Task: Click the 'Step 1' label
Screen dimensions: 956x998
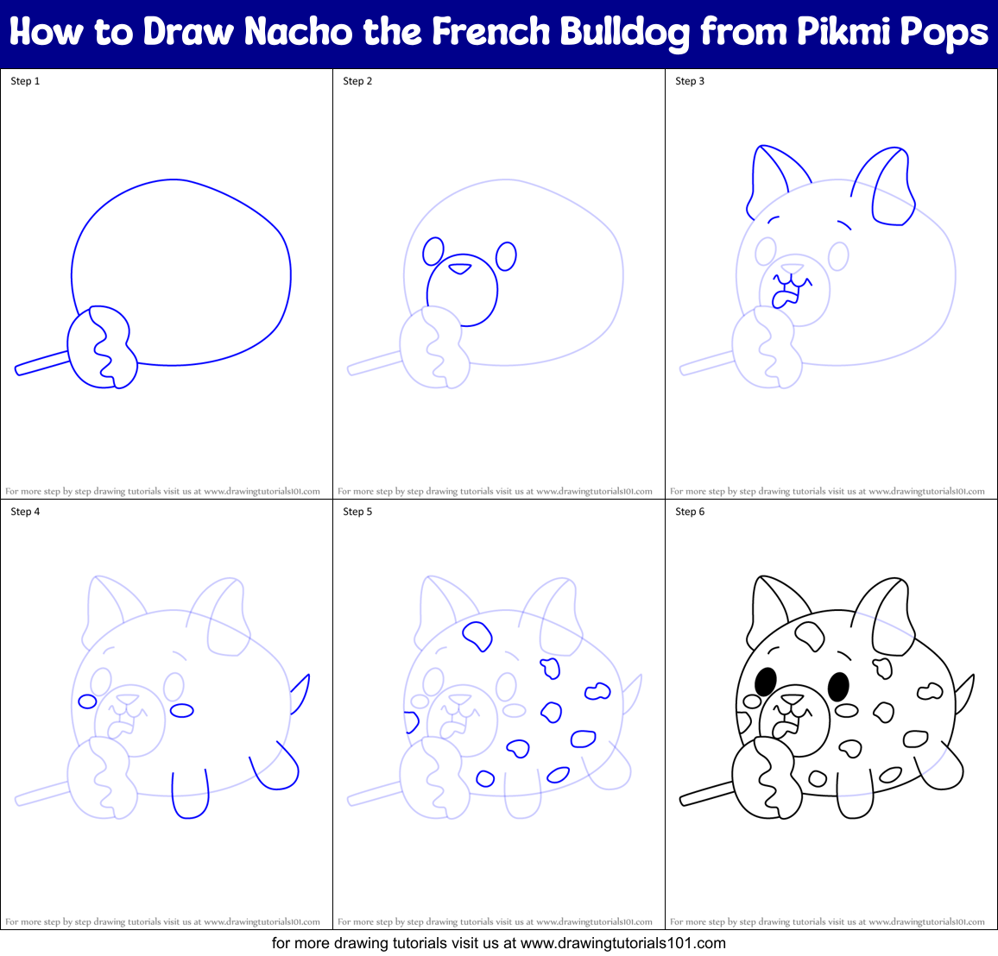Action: pos(25,81)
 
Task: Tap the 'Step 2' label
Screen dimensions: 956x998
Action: pos(357,81)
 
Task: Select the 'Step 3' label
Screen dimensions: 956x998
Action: pos(690,81)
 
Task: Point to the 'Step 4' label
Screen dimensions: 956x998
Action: pos(25,512)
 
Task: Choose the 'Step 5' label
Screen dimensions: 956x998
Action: pos(357,512)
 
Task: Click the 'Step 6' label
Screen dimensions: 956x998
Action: pos(690,512)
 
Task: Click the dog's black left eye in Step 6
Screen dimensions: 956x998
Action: pos(764,682)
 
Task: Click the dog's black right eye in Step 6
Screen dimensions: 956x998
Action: pos(837,687)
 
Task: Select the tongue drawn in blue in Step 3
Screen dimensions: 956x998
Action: pos(784,299)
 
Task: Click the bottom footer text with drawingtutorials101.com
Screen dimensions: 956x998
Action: pos(499,943)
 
